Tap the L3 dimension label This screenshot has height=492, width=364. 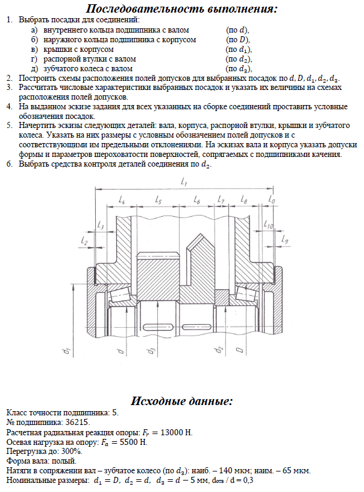100,225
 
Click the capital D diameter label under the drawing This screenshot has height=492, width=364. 239,349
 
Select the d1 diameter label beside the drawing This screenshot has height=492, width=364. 68,350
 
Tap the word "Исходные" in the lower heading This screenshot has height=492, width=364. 157,401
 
